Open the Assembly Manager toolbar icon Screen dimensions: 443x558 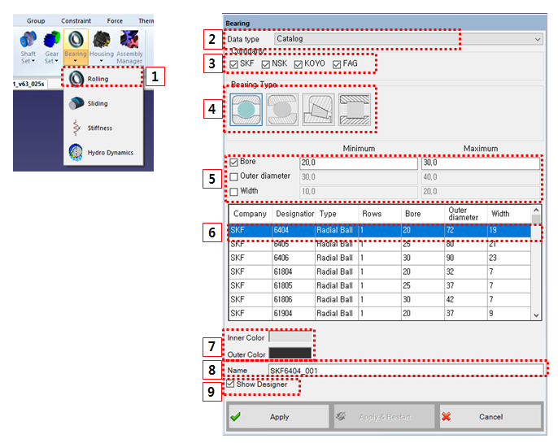click(x=129, y=45)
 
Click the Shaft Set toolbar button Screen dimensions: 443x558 click(x=28, y=45)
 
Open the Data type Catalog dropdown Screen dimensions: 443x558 click(x=407, y=38)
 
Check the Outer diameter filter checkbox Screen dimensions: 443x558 click(x=234, y=176)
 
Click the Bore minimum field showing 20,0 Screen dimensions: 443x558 click(x=358, y=163)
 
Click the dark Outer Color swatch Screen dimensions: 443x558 click(x=290, y=353)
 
